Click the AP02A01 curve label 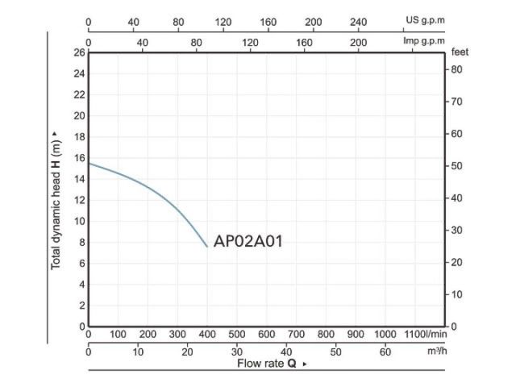pyautogui.click(x=248, y=241)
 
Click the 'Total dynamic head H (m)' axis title pyautogui.click(x=56, y=201)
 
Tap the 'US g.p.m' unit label pyautogui.click(x=425, y=22)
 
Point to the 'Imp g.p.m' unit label pyautogui.click(x=424, y=41)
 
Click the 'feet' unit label pyautogui.click(x=460, y=52)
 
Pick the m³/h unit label pyautogui.click(x=437, y=352)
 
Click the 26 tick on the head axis pyautogui.click(x=80, y=53)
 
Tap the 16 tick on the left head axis pyautogui.click(x=80, y=158)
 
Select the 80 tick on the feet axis pyautogui.click(x=456, y=69)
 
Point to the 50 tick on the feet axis pyautogui.click(x=456, y=166)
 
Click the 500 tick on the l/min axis pyautogui.click(x=237, y=334)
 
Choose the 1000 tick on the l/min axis pyautogui.click(x=385, y=334)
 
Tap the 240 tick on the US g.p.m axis pyautogui.click(x=359, y=22)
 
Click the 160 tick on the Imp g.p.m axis pyautogui.click(x=305, y=41)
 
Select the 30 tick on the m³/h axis pyautogui.click(x=237, y=352)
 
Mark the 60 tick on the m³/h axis pyautogui.click(x=385, y=352)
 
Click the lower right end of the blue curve pyautogui.click(x=207, y=247)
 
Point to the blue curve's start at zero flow pyautogui.click(x=89, y=164)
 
